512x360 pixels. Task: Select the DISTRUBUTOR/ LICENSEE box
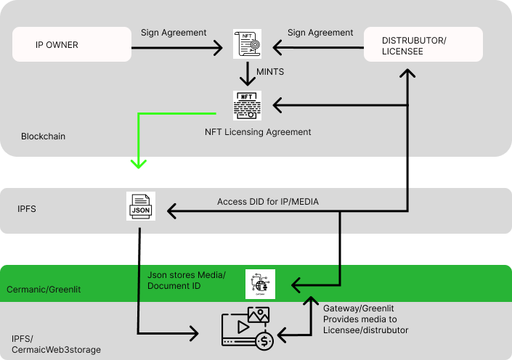point(423,44)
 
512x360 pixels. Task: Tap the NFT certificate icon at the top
point(247,44)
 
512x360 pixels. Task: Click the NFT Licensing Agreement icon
point(247,105)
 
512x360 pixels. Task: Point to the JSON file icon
point(140,207)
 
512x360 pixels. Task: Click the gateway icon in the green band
point(260,284)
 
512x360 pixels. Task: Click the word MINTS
point(270,73)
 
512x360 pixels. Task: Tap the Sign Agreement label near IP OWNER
point(174,33)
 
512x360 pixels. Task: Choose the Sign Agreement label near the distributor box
point(320,33)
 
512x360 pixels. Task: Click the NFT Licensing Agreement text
point(259,132)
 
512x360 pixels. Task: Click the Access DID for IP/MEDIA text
point(268,201)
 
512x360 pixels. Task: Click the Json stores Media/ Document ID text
point(187,280)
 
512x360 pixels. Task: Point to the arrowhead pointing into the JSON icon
point(172,211)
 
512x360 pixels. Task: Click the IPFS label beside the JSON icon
point(26,208)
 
